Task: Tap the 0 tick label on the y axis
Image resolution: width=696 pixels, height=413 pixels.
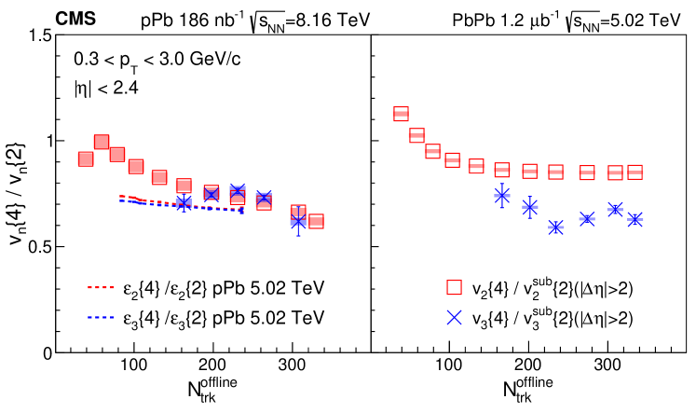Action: point(43,353)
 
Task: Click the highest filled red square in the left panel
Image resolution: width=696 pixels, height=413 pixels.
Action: point(102,142)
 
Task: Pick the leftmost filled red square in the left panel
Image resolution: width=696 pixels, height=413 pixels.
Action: point(86,159)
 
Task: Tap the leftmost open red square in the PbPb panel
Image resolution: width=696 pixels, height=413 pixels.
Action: point(401,114)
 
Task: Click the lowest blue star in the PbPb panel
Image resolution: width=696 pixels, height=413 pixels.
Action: point(556,227)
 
